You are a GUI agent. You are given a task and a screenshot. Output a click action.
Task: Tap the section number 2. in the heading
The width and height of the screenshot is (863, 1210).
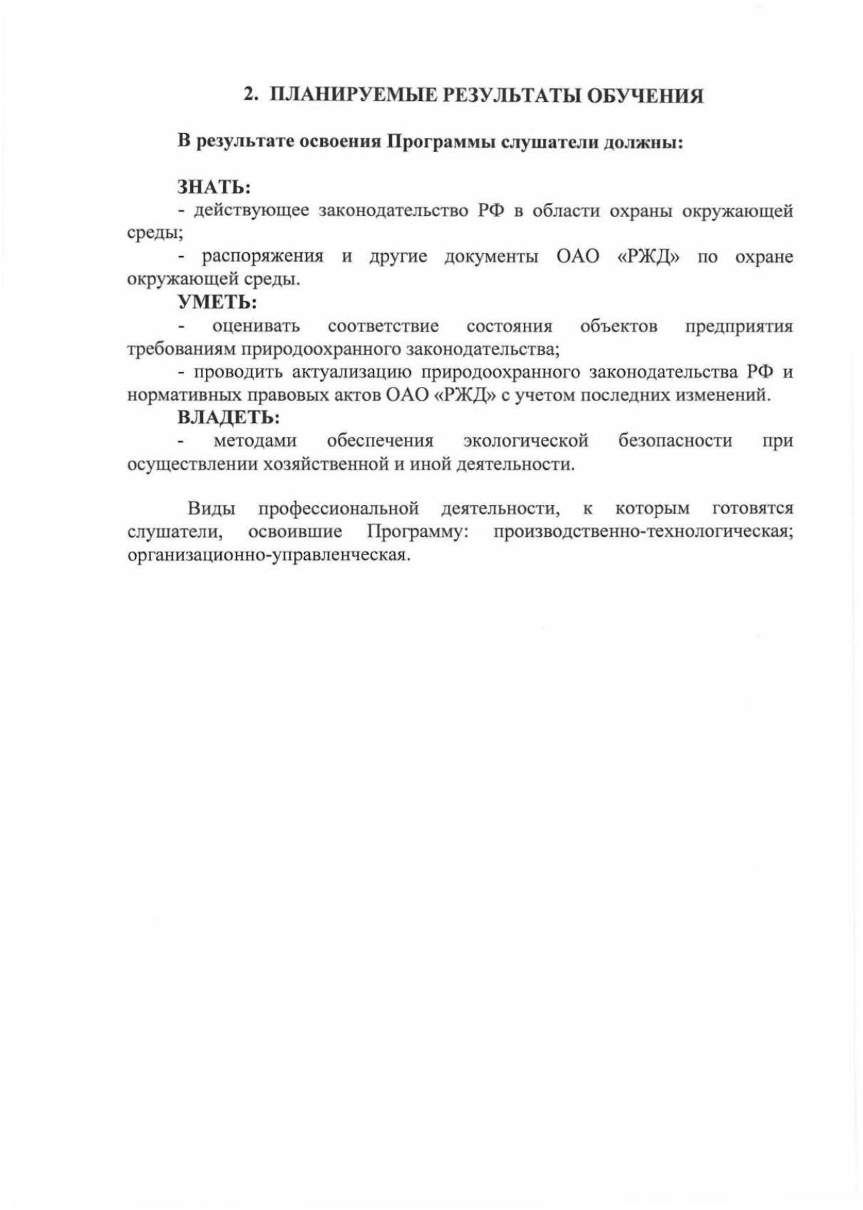[x=251, y=95]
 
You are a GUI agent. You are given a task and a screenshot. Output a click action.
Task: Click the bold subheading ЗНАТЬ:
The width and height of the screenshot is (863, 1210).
[x=214, y=187]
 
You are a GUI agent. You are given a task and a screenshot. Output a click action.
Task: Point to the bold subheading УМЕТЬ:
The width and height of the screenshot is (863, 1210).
[x=217, y=301]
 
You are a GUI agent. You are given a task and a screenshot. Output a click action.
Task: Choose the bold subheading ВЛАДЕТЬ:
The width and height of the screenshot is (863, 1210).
[x=228, y=416]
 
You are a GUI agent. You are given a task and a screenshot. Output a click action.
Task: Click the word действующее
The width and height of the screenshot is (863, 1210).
[x=251, y=211]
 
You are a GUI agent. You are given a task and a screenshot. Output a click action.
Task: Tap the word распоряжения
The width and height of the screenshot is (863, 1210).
[x=263, y=256]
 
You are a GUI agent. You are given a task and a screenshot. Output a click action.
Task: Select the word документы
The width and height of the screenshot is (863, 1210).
[x=491, y=256]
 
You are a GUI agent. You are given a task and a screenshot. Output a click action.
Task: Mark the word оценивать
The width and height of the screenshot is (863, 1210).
[x=256, y=326]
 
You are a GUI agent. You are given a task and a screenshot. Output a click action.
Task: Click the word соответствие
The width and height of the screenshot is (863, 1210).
[x=383, y=326]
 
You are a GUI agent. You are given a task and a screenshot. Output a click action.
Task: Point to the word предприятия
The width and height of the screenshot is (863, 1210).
[x=739, y=326]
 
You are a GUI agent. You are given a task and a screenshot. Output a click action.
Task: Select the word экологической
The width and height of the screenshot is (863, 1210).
[x=525, y=441]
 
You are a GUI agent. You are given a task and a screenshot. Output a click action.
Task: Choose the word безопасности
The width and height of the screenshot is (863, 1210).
[x=675, y=441]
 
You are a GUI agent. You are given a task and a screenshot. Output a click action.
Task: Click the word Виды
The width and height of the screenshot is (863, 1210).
[x=212, y=509]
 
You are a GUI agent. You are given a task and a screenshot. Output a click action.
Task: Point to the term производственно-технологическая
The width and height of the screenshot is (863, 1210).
[x=643, y=532]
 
